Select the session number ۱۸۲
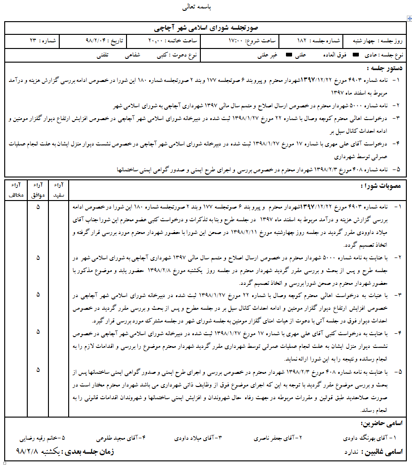(302, 41)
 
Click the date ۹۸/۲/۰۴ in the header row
(96, 41)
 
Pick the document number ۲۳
(32, 41)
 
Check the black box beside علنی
(289, 55)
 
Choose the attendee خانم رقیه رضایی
(40, 437)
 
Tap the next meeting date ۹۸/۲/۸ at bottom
(31, 451)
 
